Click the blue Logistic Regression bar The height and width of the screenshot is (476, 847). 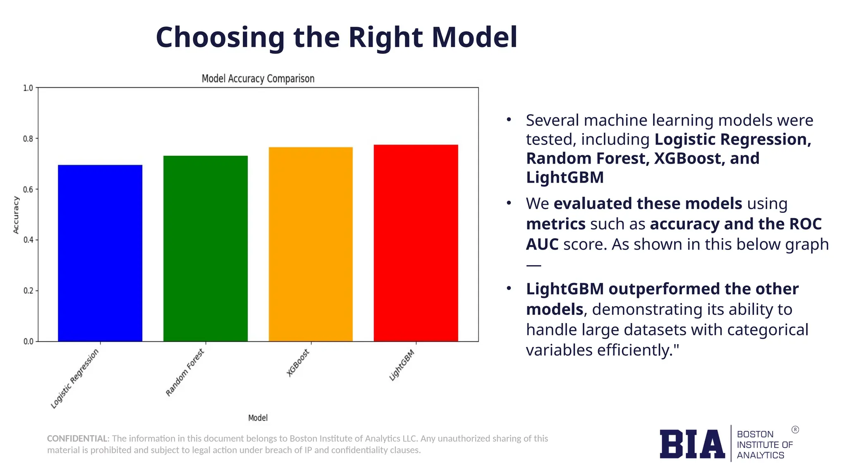[100, 253]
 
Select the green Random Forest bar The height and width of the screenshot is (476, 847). [206, 248]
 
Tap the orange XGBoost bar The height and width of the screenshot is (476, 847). [311, 244]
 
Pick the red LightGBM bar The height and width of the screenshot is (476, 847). [416, 243]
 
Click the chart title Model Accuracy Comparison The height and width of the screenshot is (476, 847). [258, 79]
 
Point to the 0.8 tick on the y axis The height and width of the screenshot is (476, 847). [28, 139]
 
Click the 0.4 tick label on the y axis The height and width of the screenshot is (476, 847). [28, 240]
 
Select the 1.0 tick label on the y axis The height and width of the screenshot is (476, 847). [28, 88]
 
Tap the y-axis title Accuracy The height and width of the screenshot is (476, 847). [16, 215]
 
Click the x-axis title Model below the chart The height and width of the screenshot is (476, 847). [258, 418]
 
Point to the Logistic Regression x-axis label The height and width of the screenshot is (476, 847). [75, 378]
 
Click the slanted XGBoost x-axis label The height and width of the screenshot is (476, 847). [298, 363]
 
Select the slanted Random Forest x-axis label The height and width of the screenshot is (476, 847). [185, 372]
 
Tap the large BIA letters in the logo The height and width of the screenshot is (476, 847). [692, 444]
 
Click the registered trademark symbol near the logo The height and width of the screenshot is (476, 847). [795, 430]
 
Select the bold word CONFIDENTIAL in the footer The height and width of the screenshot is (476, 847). [77, 438]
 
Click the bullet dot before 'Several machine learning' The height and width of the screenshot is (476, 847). [509, 120]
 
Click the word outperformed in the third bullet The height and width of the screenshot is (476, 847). [664, 289]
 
